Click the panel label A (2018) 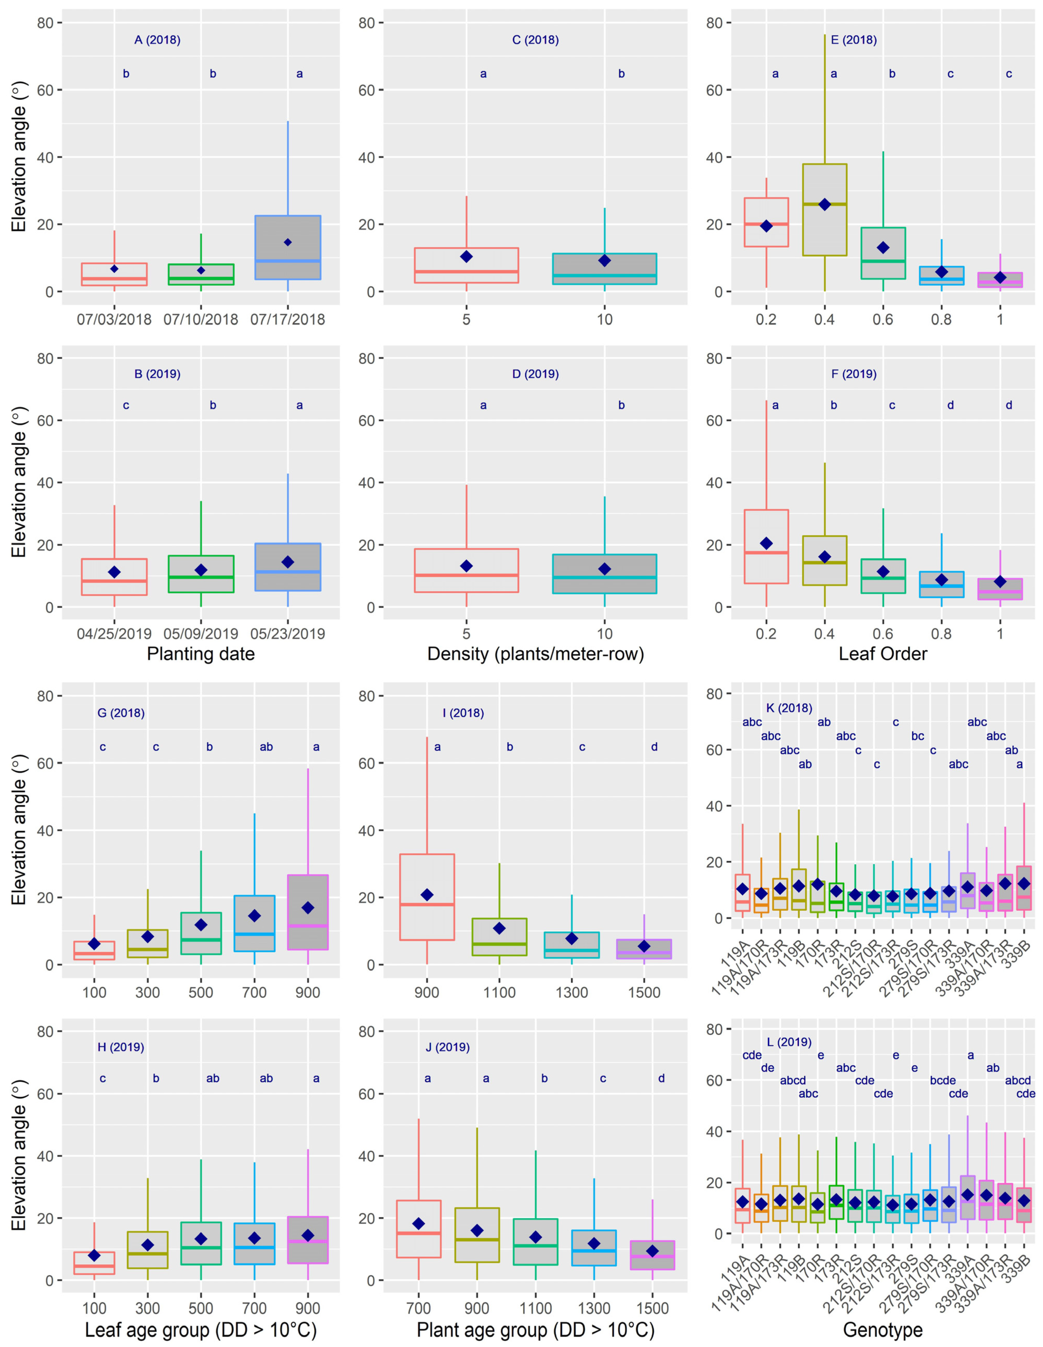[157, 40]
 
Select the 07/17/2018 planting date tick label [287, 319]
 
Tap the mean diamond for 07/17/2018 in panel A [287, 242]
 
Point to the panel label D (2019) [535, 374]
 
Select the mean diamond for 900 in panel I [427, 895]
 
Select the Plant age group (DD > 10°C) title [535, 1330]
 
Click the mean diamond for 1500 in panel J [652, 1251]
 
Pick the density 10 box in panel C [604, 269]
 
